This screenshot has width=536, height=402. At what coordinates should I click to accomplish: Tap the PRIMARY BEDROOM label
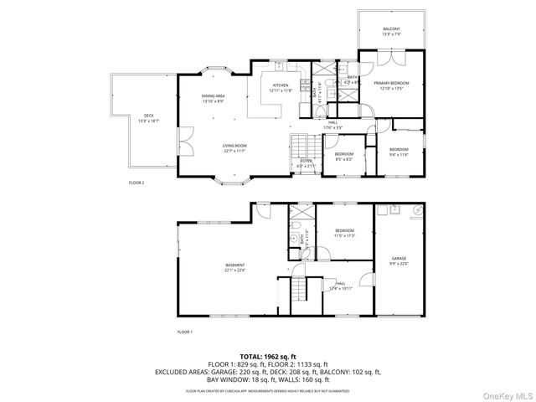point(391,85)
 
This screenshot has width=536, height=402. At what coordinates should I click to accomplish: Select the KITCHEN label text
point(281,88)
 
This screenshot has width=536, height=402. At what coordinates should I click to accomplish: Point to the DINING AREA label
point(213,99)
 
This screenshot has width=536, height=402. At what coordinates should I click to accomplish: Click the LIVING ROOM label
point(234,149)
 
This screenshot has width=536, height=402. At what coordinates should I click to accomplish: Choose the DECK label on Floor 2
point(148,118)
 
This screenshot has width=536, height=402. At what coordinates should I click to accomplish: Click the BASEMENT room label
point(234,267)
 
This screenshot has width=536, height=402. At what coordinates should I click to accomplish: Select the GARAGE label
point(399,261)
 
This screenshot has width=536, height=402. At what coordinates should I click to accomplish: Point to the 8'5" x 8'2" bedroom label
point(344,157)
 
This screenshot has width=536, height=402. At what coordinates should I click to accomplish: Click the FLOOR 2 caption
point(137,182)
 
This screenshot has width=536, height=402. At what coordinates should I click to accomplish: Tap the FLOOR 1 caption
point(184,332)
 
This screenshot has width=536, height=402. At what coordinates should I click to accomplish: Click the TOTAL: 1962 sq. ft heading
point(267,356)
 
